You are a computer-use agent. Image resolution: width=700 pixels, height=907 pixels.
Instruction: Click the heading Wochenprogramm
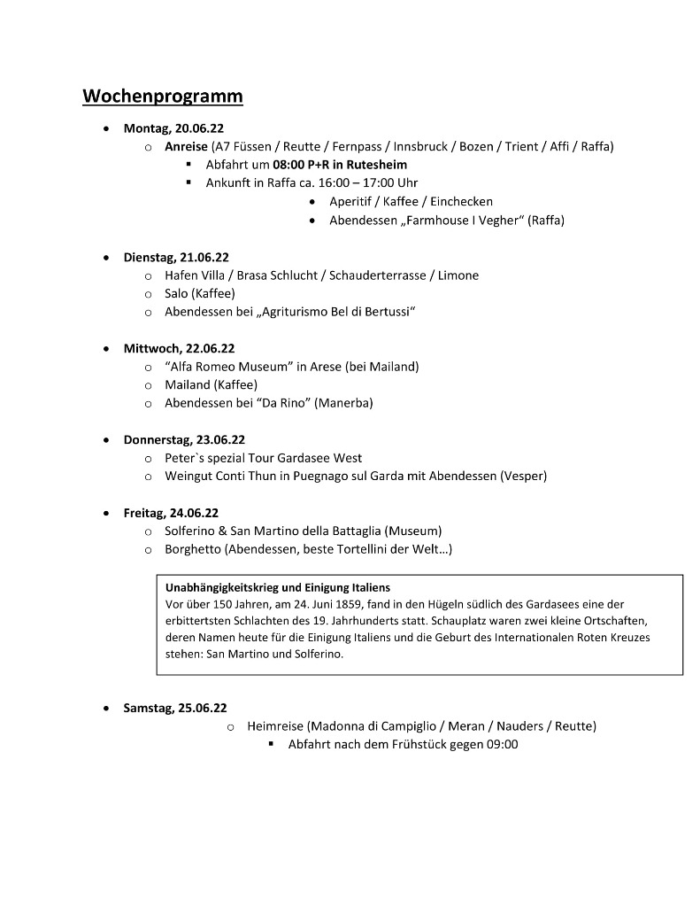163,96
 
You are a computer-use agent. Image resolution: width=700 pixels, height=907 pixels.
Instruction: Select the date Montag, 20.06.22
173,128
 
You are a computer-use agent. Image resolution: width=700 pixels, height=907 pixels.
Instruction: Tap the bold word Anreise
186,146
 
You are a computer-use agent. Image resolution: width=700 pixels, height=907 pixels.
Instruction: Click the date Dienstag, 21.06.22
176,257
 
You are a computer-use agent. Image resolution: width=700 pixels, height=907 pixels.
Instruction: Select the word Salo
177,293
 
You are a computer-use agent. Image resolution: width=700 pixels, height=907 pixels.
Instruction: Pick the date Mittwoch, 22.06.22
179,348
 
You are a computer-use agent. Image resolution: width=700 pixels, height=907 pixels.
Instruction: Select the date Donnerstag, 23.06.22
184,439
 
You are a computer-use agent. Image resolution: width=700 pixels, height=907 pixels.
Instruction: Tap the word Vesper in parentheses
523,476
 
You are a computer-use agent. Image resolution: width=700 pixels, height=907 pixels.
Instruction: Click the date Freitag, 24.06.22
171,513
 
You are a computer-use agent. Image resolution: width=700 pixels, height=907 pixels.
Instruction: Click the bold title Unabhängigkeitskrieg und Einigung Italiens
278,587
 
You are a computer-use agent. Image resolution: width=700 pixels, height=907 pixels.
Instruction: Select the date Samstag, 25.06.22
175,708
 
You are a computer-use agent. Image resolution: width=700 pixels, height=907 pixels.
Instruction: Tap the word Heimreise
275,726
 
